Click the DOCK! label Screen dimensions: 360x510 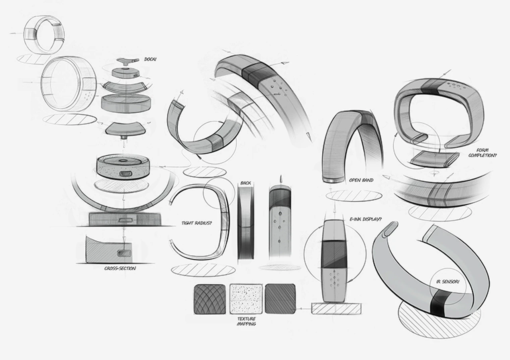tap(151, 59)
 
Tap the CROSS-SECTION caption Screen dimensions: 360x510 tap(120, 268)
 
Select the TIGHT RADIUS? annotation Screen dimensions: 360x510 tap(196, 223)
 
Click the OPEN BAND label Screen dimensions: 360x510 tap(361, 180)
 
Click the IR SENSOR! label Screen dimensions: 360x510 tap(447, 282)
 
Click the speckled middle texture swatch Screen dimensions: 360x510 tap(246, 299)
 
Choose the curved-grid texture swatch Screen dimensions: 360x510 tap(210, 299)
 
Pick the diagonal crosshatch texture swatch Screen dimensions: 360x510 tap(280, 299)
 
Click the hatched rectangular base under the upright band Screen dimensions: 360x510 tap(336, 309)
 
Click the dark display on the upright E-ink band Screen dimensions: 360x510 tap(334, 254)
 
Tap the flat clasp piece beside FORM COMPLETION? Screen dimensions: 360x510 tap(430, 160)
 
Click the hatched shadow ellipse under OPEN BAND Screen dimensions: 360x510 tap(354, 196)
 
